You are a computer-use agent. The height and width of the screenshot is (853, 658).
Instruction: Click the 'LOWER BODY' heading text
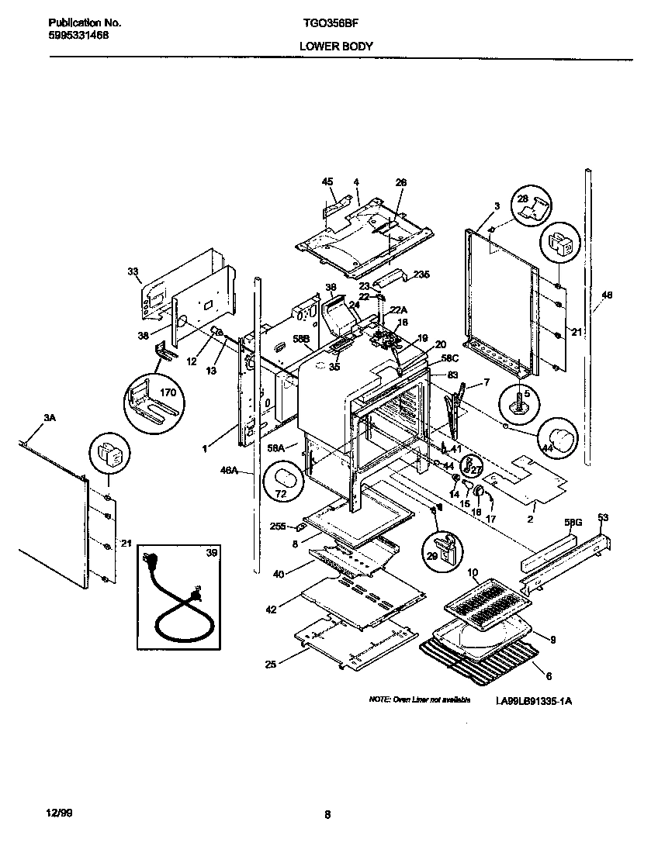[336, 46]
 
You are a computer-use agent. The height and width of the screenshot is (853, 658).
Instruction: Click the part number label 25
[269, 664]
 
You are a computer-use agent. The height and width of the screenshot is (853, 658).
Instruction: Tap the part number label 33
[133, 271]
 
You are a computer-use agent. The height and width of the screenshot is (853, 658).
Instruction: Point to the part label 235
[421, 275]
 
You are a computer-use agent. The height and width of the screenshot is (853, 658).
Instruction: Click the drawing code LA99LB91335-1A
[534, 700]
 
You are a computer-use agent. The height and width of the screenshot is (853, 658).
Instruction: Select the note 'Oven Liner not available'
[419, 700]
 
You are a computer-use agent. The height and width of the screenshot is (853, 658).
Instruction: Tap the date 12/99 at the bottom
[48, 813]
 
